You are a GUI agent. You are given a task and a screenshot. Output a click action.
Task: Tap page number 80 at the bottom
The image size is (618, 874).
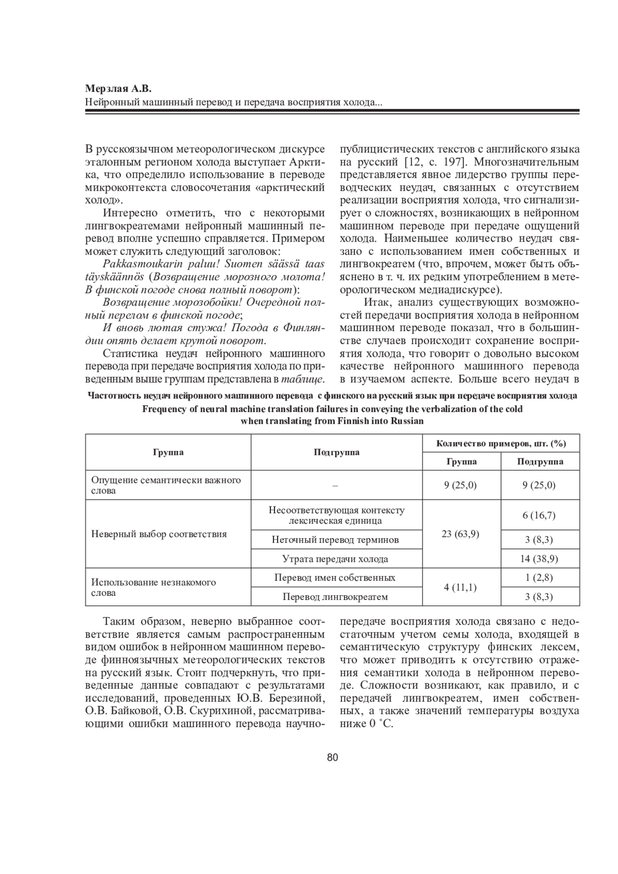(x=332, y=757)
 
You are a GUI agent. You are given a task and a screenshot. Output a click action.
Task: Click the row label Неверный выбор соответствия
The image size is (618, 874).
(x=159, y=534)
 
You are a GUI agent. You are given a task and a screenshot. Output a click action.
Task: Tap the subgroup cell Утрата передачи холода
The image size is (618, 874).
(x=335, y=559)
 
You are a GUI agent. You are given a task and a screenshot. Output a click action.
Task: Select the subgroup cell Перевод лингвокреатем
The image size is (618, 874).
(x=335, y=597)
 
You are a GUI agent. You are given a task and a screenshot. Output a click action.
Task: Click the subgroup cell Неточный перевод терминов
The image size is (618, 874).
(x=335, y=540)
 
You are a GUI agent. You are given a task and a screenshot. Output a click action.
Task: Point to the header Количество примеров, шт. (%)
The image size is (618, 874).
(x=501, y=443)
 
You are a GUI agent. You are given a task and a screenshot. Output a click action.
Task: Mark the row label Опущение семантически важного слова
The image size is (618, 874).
(x=166, y=485)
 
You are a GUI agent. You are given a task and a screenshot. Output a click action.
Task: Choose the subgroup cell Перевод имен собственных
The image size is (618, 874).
(x=335, y=577)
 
